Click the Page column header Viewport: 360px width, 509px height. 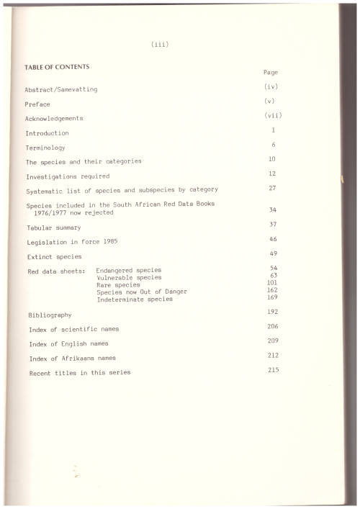(271, 73)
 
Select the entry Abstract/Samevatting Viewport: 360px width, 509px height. (61, 89)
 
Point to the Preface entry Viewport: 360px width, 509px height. (37, 104)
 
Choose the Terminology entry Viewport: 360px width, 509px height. (45, 147)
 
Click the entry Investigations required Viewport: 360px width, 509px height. (68, 176)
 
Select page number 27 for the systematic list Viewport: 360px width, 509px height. (273, 187)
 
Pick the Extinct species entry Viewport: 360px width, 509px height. (54, 256)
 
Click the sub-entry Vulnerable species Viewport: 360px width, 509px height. (129, 278)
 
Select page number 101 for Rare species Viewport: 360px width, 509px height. (272, 282)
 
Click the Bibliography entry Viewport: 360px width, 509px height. (50, 315)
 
